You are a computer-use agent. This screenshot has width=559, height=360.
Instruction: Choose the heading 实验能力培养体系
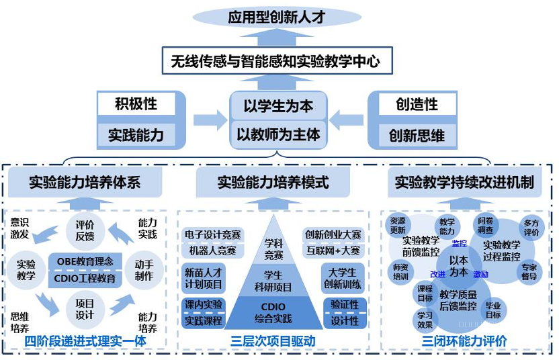(x=85, y=181)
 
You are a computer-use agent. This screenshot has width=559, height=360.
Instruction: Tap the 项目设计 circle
(x=85, y=309)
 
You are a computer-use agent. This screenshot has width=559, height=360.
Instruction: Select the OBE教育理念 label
(x=85, y=261)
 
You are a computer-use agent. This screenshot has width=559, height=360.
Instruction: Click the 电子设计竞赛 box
(x=212, y=236)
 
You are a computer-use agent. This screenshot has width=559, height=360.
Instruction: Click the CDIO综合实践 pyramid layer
(x=273, y=313)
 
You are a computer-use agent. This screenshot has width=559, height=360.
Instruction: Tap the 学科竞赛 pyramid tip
(x=273, y=249)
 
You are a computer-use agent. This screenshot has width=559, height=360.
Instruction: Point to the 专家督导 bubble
(x=529, y=271)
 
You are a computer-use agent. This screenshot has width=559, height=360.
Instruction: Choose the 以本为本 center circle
(x=459, y=266)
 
